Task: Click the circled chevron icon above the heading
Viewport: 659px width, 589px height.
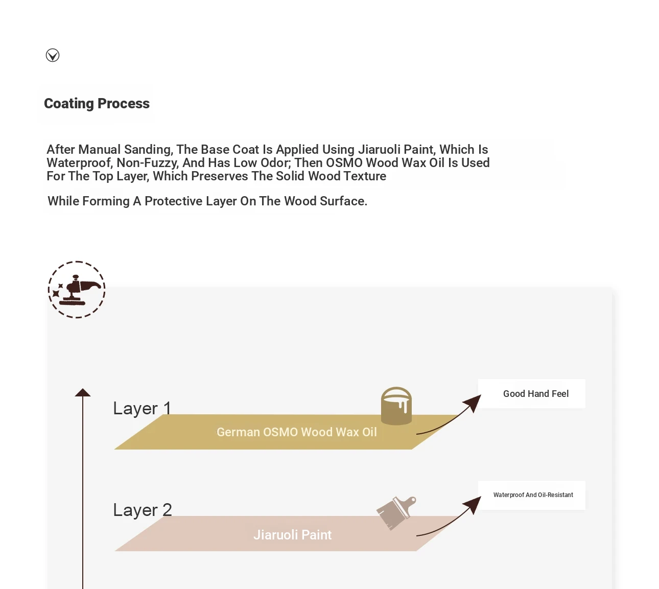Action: tap(53, 55)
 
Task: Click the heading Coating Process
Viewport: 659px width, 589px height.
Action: tap(97, 104)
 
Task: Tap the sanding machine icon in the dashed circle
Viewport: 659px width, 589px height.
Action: tap(77, 290)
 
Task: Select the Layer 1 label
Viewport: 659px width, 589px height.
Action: tap(142, 408)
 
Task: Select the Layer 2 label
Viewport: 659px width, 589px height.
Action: tap(142, 510)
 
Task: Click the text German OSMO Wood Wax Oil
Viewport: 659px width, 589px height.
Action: tap(296, 432)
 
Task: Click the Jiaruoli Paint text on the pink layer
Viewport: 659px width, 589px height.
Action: tap(292, 535)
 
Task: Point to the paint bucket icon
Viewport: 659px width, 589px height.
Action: tap(396, 406)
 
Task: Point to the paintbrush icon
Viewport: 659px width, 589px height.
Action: tap(396, 513)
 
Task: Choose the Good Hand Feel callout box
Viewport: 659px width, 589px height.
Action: tap(532, 394)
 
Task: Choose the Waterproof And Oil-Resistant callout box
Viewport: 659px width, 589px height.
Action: tap(532, 495)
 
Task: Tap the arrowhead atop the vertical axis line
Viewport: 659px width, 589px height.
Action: tap(83, 392)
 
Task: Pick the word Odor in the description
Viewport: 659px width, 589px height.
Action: tap(273, 163)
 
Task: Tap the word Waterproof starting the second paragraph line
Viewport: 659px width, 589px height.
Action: tap(79, 163)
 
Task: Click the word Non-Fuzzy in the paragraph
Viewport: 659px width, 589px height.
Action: tap(147, 163)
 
